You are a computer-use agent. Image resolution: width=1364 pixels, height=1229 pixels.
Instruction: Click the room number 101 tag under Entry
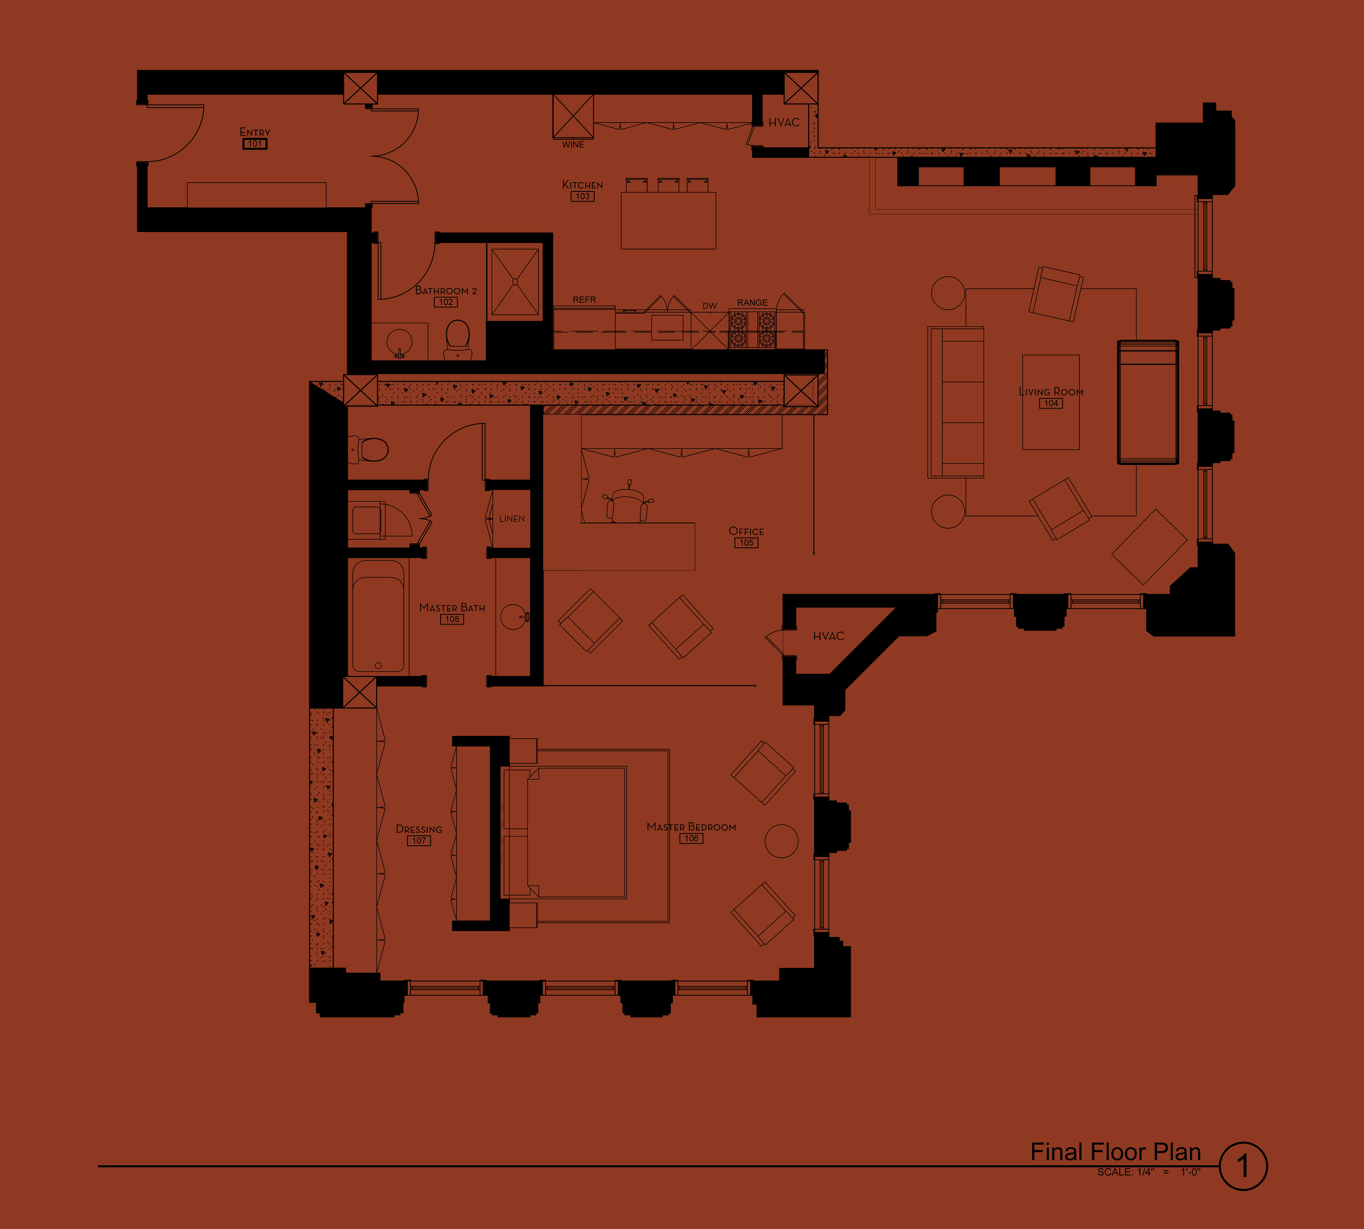255,144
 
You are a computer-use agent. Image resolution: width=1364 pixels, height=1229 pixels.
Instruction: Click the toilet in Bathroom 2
458,339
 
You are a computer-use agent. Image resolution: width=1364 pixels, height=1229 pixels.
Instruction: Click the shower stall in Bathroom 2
515,282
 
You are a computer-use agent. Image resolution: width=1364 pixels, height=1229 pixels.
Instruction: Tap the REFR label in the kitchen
584,299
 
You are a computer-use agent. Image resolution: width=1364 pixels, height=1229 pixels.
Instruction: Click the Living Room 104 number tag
1051,403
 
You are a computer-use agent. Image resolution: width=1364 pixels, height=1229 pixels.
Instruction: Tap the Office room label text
746,531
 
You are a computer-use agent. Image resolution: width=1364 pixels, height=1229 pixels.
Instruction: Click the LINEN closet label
512,519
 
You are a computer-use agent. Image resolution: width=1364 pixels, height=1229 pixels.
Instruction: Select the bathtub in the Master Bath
378,616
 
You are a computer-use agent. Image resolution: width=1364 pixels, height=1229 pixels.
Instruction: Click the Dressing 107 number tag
419,841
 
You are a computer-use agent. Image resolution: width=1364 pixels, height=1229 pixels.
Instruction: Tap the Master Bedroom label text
692,827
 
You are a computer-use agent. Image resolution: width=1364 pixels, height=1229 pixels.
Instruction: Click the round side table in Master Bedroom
781,841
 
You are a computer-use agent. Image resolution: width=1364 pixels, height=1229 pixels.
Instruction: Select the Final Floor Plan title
1115,1151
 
